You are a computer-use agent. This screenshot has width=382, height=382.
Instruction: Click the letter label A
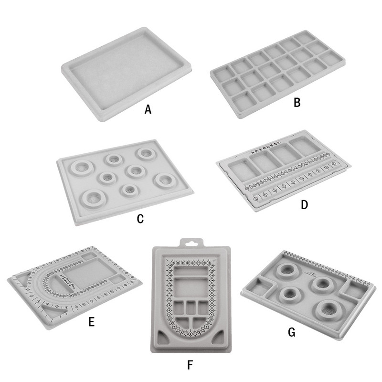148,110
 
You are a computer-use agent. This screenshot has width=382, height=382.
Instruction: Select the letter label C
140,219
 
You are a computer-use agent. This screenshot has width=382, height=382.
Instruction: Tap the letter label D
305,205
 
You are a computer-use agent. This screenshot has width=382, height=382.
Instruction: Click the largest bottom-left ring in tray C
94,197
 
